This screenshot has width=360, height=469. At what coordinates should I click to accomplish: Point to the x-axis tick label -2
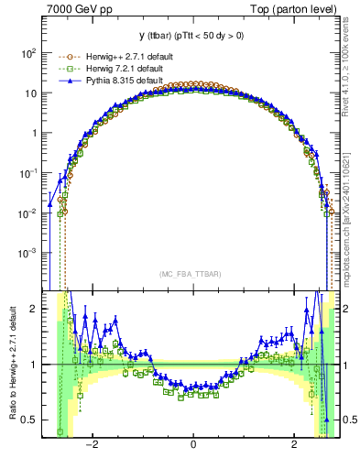[x=91, y=446]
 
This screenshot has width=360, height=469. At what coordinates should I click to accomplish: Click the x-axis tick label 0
[x=192, y=446]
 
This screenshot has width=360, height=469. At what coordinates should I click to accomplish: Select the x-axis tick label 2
[x=293, y=446]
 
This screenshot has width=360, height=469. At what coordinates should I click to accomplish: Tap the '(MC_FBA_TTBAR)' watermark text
[x=192, y=274]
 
